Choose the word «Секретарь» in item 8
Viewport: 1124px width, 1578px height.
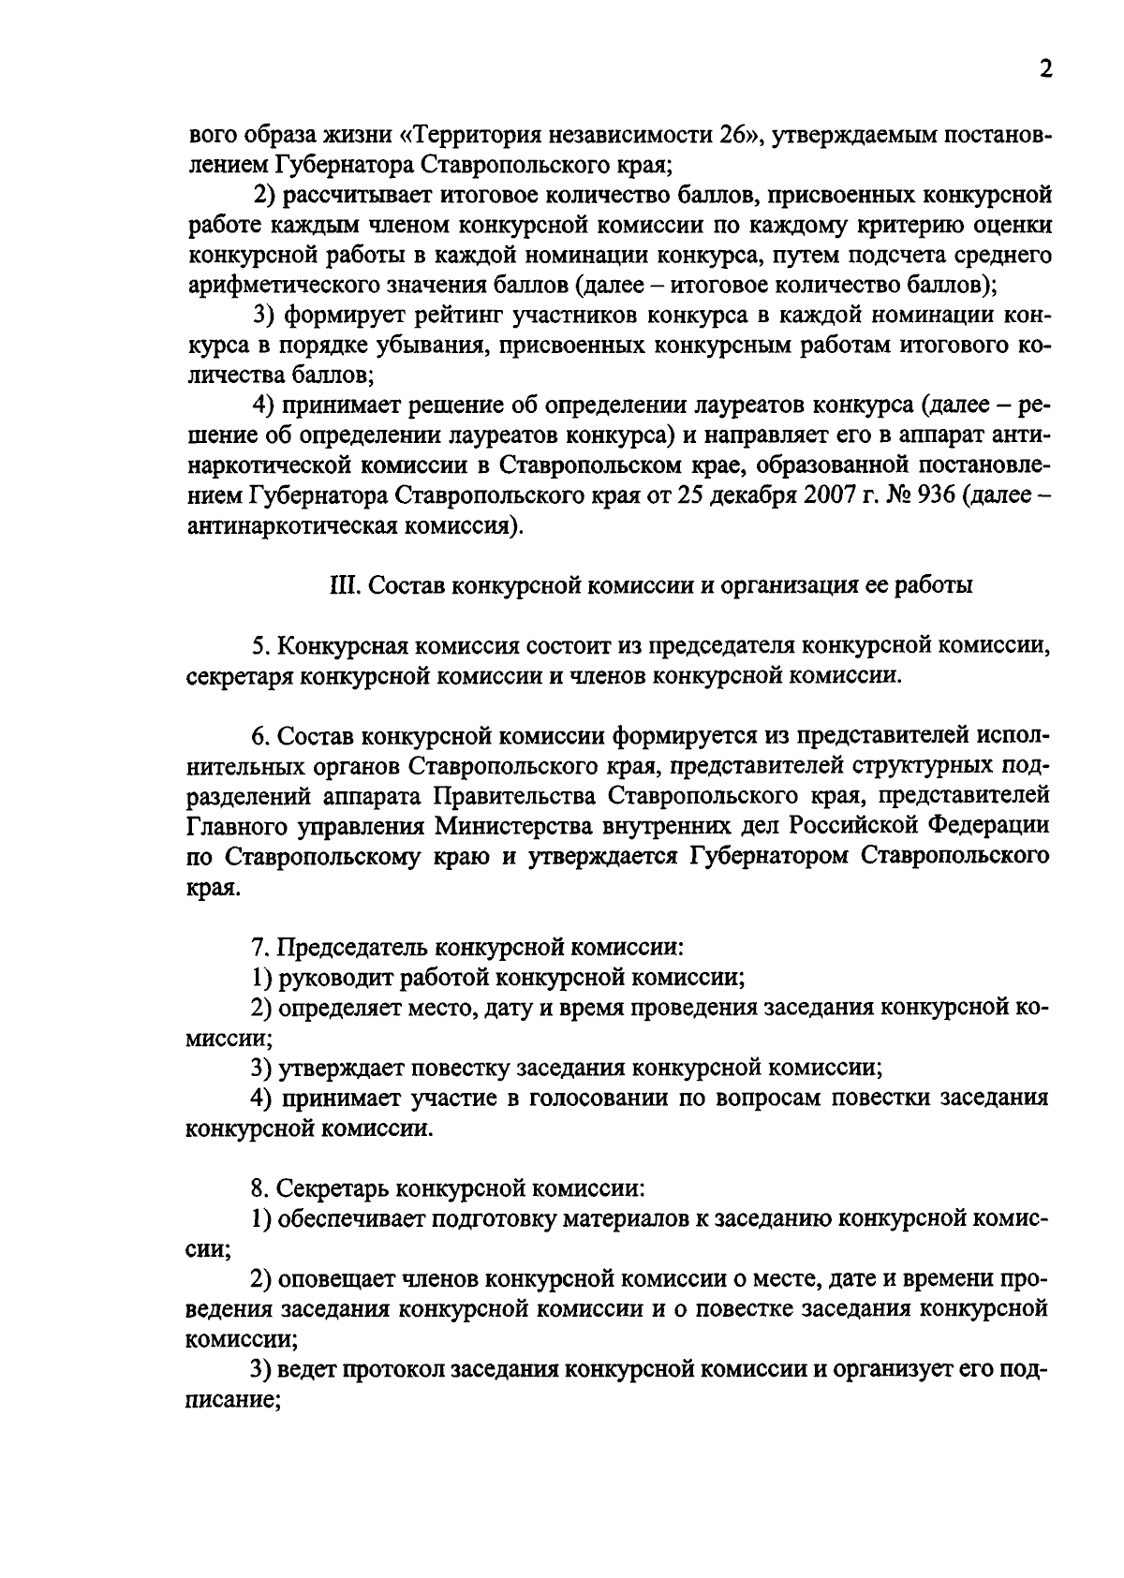click(x=333, y=1189)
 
